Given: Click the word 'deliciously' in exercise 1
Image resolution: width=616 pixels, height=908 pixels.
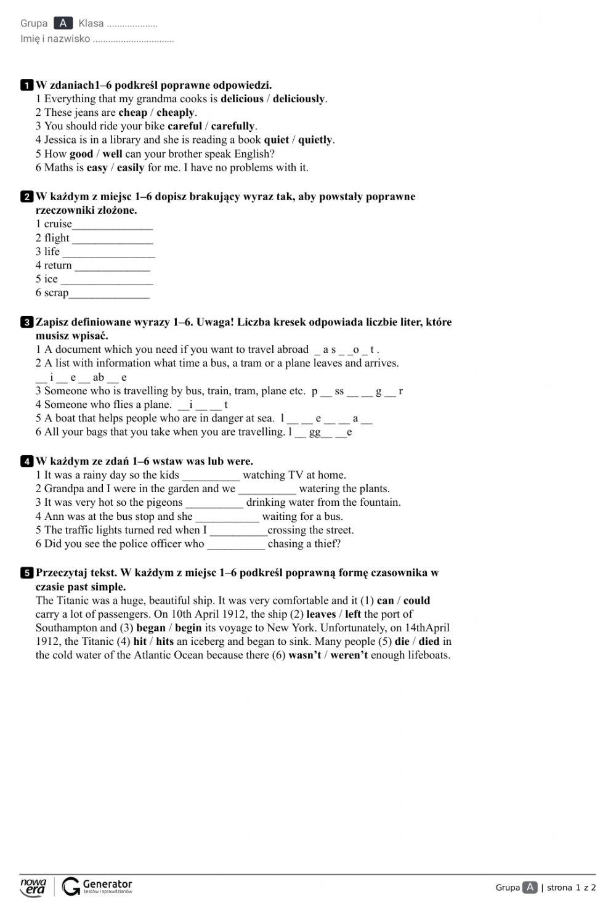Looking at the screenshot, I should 299,99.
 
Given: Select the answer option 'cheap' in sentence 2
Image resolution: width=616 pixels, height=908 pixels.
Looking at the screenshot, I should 132,113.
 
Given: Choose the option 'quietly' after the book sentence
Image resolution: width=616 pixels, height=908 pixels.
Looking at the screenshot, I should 315,140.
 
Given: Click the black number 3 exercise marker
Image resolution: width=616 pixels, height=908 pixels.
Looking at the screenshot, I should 26,322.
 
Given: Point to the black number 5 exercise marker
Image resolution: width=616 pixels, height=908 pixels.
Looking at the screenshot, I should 26,573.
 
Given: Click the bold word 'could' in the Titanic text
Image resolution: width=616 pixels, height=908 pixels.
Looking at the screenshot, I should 416,601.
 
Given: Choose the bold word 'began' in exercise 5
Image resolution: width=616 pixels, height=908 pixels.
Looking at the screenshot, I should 151,628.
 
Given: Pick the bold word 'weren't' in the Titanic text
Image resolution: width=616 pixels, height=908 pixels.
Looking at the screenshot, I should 349,655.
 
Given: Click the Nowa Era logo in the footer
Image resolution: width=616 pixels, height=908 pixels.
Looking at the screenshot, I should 33,886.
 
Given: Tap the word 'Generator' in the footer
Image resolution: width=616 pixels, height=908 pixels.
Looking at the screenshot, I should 107,884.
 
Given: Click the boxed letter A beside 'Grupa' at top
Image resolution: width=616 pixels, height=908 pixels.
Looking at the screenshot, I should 63,23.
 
